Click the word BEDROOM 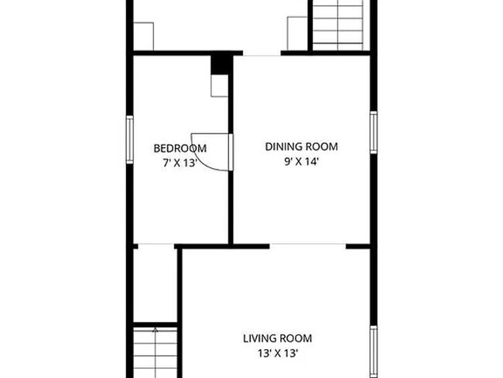(180, 149)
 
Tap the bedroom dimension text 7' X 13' (180, 163)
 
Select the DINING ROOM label (302, 146)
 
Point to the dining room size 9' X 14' (302, 162)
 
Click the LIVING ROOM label (277, 338)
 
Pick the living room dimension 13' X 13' (277, 353)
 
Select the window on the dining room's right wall (373, 132)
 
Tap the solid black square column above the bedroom (221, 64)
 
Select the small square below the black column (221, 86)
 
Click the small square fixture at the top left (144, 36)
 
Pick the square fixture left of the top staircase (299, 34)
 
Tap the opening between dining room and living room (307, 246)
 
